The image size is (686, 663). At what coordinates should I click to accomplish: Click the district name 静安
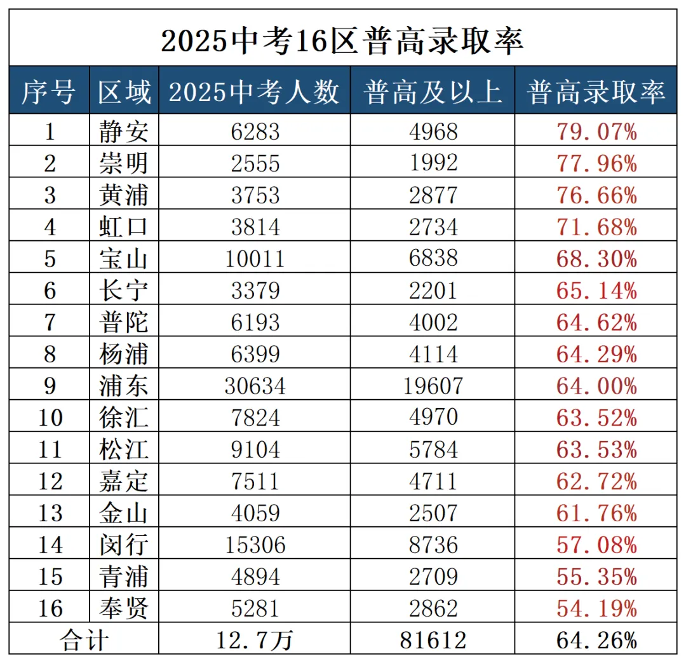coord(124,132)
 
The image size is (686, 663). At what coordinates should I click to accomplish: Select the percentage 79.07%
coord(596,132)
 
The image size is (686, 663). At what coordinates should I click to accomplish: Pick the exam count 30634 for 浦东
coord(255,386)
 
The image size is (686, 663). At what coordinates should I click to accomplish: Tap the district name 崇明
coord(124,163)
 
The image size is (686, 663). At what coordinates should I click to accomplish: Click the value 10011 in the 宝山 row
coord(255,259)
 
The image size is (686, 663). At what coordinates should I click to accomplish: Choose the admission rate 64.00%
coord(596,386)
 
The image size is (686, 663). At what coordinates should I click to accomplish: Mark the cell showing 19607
coord(433,386)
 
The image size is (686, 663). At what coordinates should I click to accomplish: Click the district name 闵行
coord(124,545)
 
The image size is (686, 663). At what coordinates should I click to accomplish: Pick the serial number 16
coord(50,608)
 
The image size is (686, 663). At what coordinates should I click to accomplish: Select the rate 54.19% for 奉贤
coord(596,608)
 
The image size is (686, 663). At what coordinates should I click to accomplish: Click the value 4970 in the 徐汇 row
coord(433,418)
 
